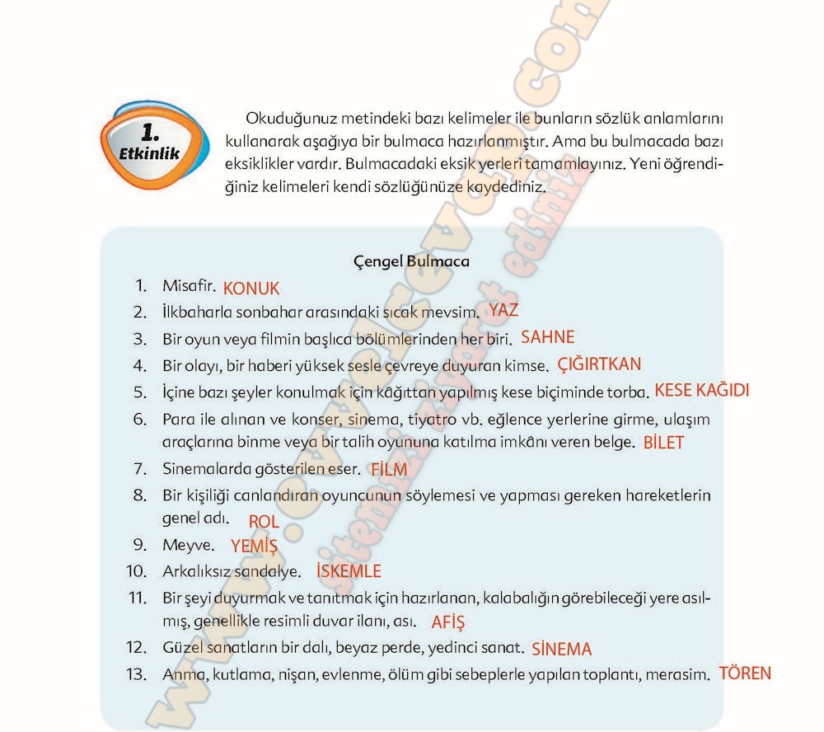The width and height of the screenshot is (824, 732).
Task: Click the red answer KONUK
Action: click(251, 289)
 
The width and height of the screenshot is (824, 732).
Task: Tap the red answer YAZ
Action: click(503, 311)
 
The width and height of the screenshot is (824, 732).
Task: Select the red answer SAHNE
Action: click(548, 337)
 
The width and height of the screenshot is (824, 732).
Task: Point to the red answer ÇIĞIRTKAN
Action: click(599, 364)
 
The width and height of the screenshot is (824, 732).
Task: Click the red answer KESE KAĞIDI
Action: click(702, 391)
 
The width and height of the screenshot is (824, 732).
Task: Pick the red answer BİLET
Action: click(663, 443)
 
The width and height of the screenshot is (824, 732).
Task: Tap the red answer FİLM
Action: click(389, 469)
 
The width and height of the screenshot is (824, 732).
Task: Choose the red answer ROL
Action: click(264, 522)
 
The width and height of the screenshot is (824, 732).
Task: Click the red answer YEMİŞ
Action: click(254, 546)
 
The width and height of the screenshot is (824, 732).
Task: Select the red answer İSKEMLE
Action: click(349, 570)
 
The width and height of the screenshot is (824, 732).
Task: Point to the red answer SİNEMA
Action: click(562, 649)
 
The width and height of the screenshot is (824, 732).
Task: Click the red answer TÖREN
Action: click(745, 673)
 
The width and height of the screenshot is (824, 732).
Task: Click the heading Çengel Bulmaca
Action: click(411, 261)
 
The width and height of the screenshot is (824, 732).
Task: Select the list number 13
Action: click(135, 674)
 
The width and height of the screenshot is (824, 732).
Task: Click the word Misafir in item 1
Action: click(189, 286)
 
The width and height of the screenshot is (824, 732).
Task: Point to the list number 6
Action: click(139, 418)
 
